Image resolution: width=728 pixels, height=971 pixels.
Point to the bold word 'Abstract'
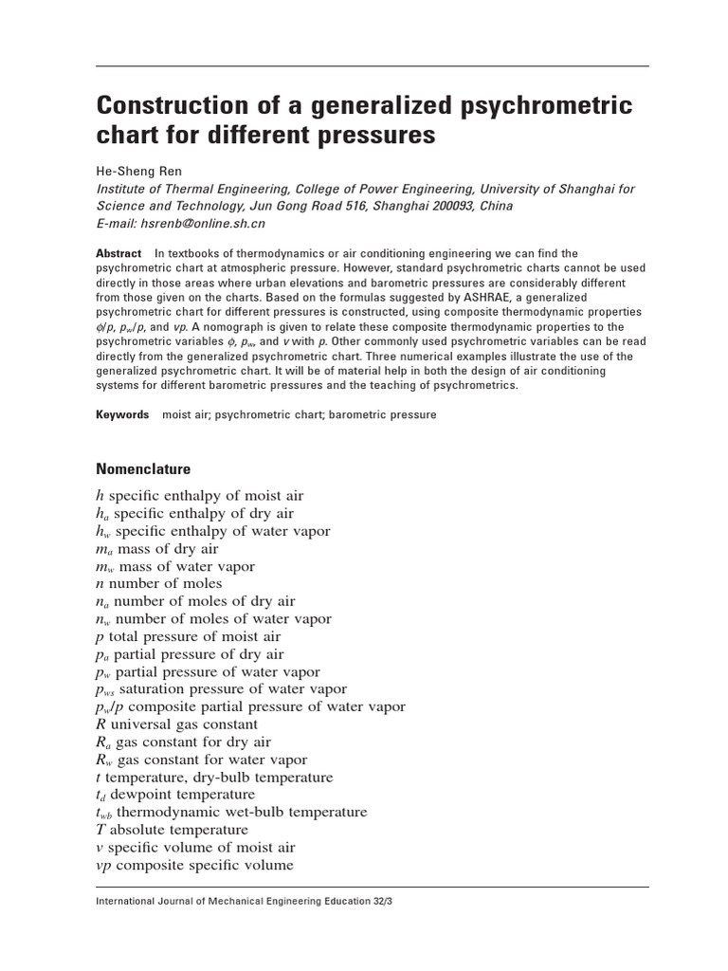[x=118, y=253]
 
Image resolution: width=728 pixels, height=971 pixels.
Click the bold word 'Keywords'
[x=122, y=414]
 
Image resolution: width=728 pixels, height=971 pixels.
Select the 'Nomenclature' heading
[x=143, y=468]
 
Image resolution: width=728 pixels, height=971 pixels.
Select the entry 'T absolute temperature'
[x=173, y=830]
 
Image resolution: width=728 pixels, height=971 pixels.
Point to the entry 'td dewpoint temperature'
[x=175, y=795]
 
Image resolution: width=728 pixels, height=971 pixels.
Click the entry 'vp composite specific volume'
[x=194, y=865]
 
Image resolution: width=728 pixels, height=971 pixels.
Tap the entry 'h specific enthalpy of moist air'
[x=199, y=496]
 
